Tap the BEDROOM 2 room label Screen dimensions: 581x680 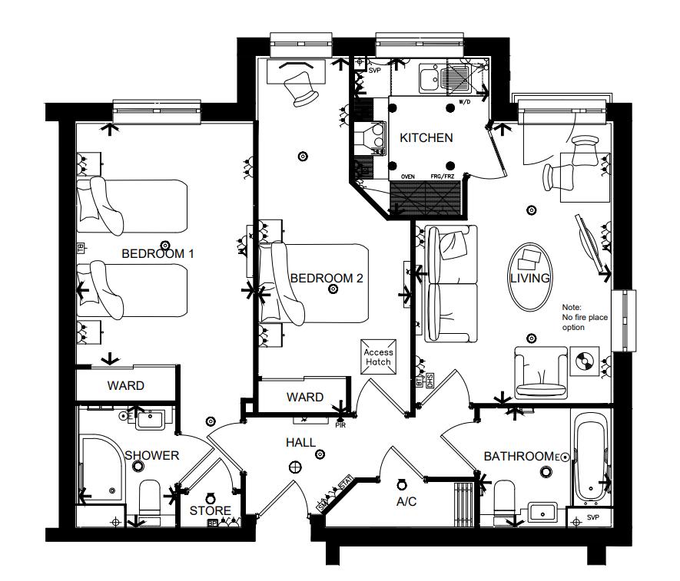tap(326, 278)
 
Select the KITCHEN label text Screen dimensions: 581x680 tap(426, 138)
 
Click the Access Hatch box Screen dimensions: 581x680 tap(378, 357)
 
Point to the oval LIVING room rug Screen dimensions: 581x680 tap(529, 277)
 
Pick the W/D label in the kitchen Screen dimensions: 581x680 tap(465, 101)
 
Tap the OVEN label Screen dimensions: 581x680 tap(408, 177)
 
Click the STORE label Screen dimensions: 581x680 tap(210, 510)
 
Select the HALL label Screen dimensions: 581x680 tap(300, 443)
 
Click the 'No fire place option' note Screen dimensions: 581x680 tap(578, 317)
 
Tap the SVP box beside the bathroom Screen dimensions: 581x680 tap(592, 517)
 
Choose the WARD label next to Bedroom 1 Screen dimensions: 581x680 tap(125, 385)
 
